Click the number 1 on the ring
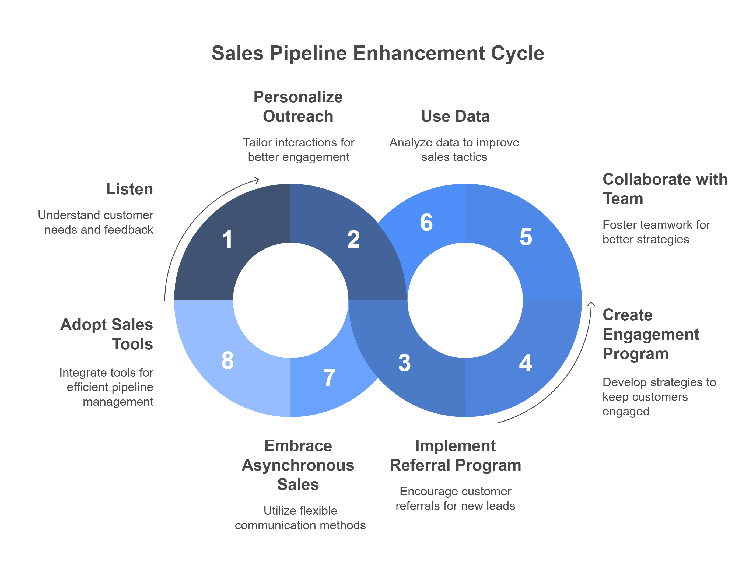tap(227, 239)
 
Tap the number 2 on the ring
tap(353, 239)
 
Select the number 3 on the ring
tap(404, 363)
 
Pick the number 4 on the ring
tap(525, 363)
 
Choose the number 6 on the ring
tap(426, 222)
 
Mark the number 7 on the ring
tap(329, 377)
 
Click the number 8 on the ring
tap(227, 360)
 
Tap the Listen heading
tap(129, 189)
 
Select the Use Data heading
tap(455, 116)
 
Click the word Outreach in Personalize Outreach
tap(298, 116)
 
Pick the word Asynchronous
tap(298, 465)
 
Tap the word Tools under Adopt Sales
tap(133, 344)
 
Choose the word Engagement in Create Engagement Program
tap(651, 334)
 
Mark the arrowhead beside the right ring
tap(591, 303)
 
